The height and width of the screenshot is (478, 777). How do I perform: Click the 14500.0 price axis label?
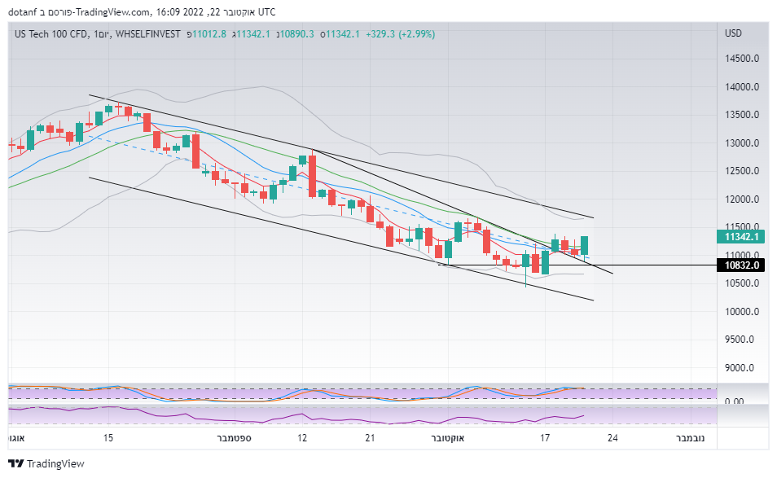743,59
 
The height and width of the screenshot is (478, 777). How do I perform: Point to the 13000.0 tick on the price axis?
743,143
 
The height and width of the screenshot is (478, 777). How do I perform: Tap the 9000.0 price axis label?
743,368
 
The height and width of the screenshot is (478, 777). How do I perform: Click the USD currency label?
733,34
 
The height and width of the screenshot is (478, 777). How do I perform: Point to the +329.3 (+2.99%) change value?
401,34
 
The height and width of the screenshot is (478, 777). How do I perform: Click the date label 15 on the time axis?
108,438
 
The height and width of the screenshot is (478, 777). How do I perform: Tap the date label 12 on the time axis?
302,438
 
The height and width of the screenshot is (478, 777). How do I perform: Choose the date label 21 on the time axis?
370,438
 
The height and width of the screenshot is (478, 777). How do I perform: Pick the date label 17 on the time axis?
545,438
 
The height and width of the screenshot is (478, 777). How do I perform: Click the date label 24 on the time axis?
612,438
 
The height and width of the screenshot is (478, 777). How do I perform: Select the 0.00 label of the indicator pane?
734,401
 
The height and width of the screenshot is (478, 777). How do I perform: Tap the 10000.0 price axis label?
743,312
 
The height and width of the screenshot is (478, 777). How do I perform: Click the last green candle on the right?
584,245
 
